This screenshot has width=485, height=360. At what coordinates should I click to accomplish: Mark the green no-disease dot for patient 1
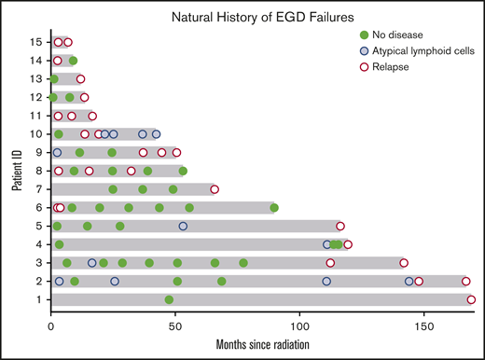[169, 299]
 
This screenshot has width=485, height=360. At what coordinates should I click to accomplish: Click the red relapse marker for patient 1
[471, 299]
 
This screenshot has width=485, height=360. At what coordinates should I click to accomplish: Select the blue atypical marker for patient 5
[183, 226]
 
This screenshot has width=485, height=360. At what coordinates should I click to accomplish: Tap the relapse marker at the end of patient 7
[215, 189]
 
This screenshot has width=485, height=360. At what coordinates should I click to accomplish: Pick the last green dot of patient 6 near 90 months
[274, 208]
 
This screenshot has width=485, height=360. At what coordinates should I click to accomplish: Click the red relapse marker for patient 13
[80, 79]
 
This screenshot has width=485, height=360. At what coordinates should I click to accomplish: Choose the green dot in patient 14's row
[73, 61]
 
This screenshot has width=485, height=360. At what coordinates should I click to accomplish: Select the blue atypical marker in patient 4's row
[326, 244]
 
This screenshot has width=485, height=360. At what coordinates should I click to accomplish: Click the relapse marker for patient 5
[340, 226]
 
